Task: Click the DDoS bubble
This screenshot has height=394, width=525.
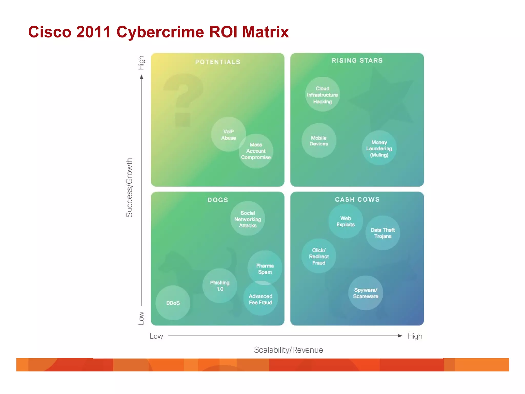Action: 173,303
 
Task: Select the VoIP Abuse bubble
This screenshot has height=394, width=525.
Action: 228,134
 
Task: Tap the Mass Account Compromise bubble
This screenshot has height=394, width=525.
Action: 256,151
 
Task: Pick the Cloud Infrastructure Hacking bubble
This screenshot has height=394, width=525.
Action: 322,95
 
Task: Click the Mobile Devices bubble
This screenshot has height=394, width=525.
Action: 319,141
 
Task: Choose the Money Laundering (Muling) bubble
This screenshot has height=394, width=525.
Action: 379,148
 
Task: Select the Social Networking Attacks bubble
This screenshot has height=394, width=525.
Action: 248,219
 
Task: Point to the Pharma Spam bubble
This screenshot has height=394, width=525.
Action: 265,268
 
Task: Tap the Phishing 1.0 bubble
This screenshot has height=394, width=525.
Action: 220,285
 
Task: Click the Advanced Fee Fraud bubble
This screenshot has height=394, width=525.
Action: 260,299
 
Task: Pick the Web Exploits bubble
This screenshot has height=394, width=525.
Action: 346,221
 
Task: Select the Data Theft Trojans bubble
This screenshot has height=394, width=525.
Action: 382,233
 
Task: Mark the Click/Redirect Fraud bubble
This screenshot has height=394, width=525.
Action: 319,256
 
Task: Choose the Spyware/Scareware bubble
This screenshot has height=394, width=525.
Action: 366,293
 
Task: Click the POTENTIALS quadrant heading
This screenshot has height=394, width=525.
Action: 218,62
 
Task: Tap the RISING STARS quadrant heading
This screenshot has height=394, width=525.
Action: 357,61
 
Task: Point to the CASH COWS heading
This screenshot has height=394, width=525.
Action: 357,200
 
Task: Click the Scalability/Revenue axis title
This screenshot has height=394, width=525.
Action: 288,350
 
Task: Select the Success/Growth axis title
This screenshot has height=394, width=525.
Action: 129,188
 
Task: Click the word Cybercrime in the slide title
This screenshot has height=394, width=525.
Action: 160,32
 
